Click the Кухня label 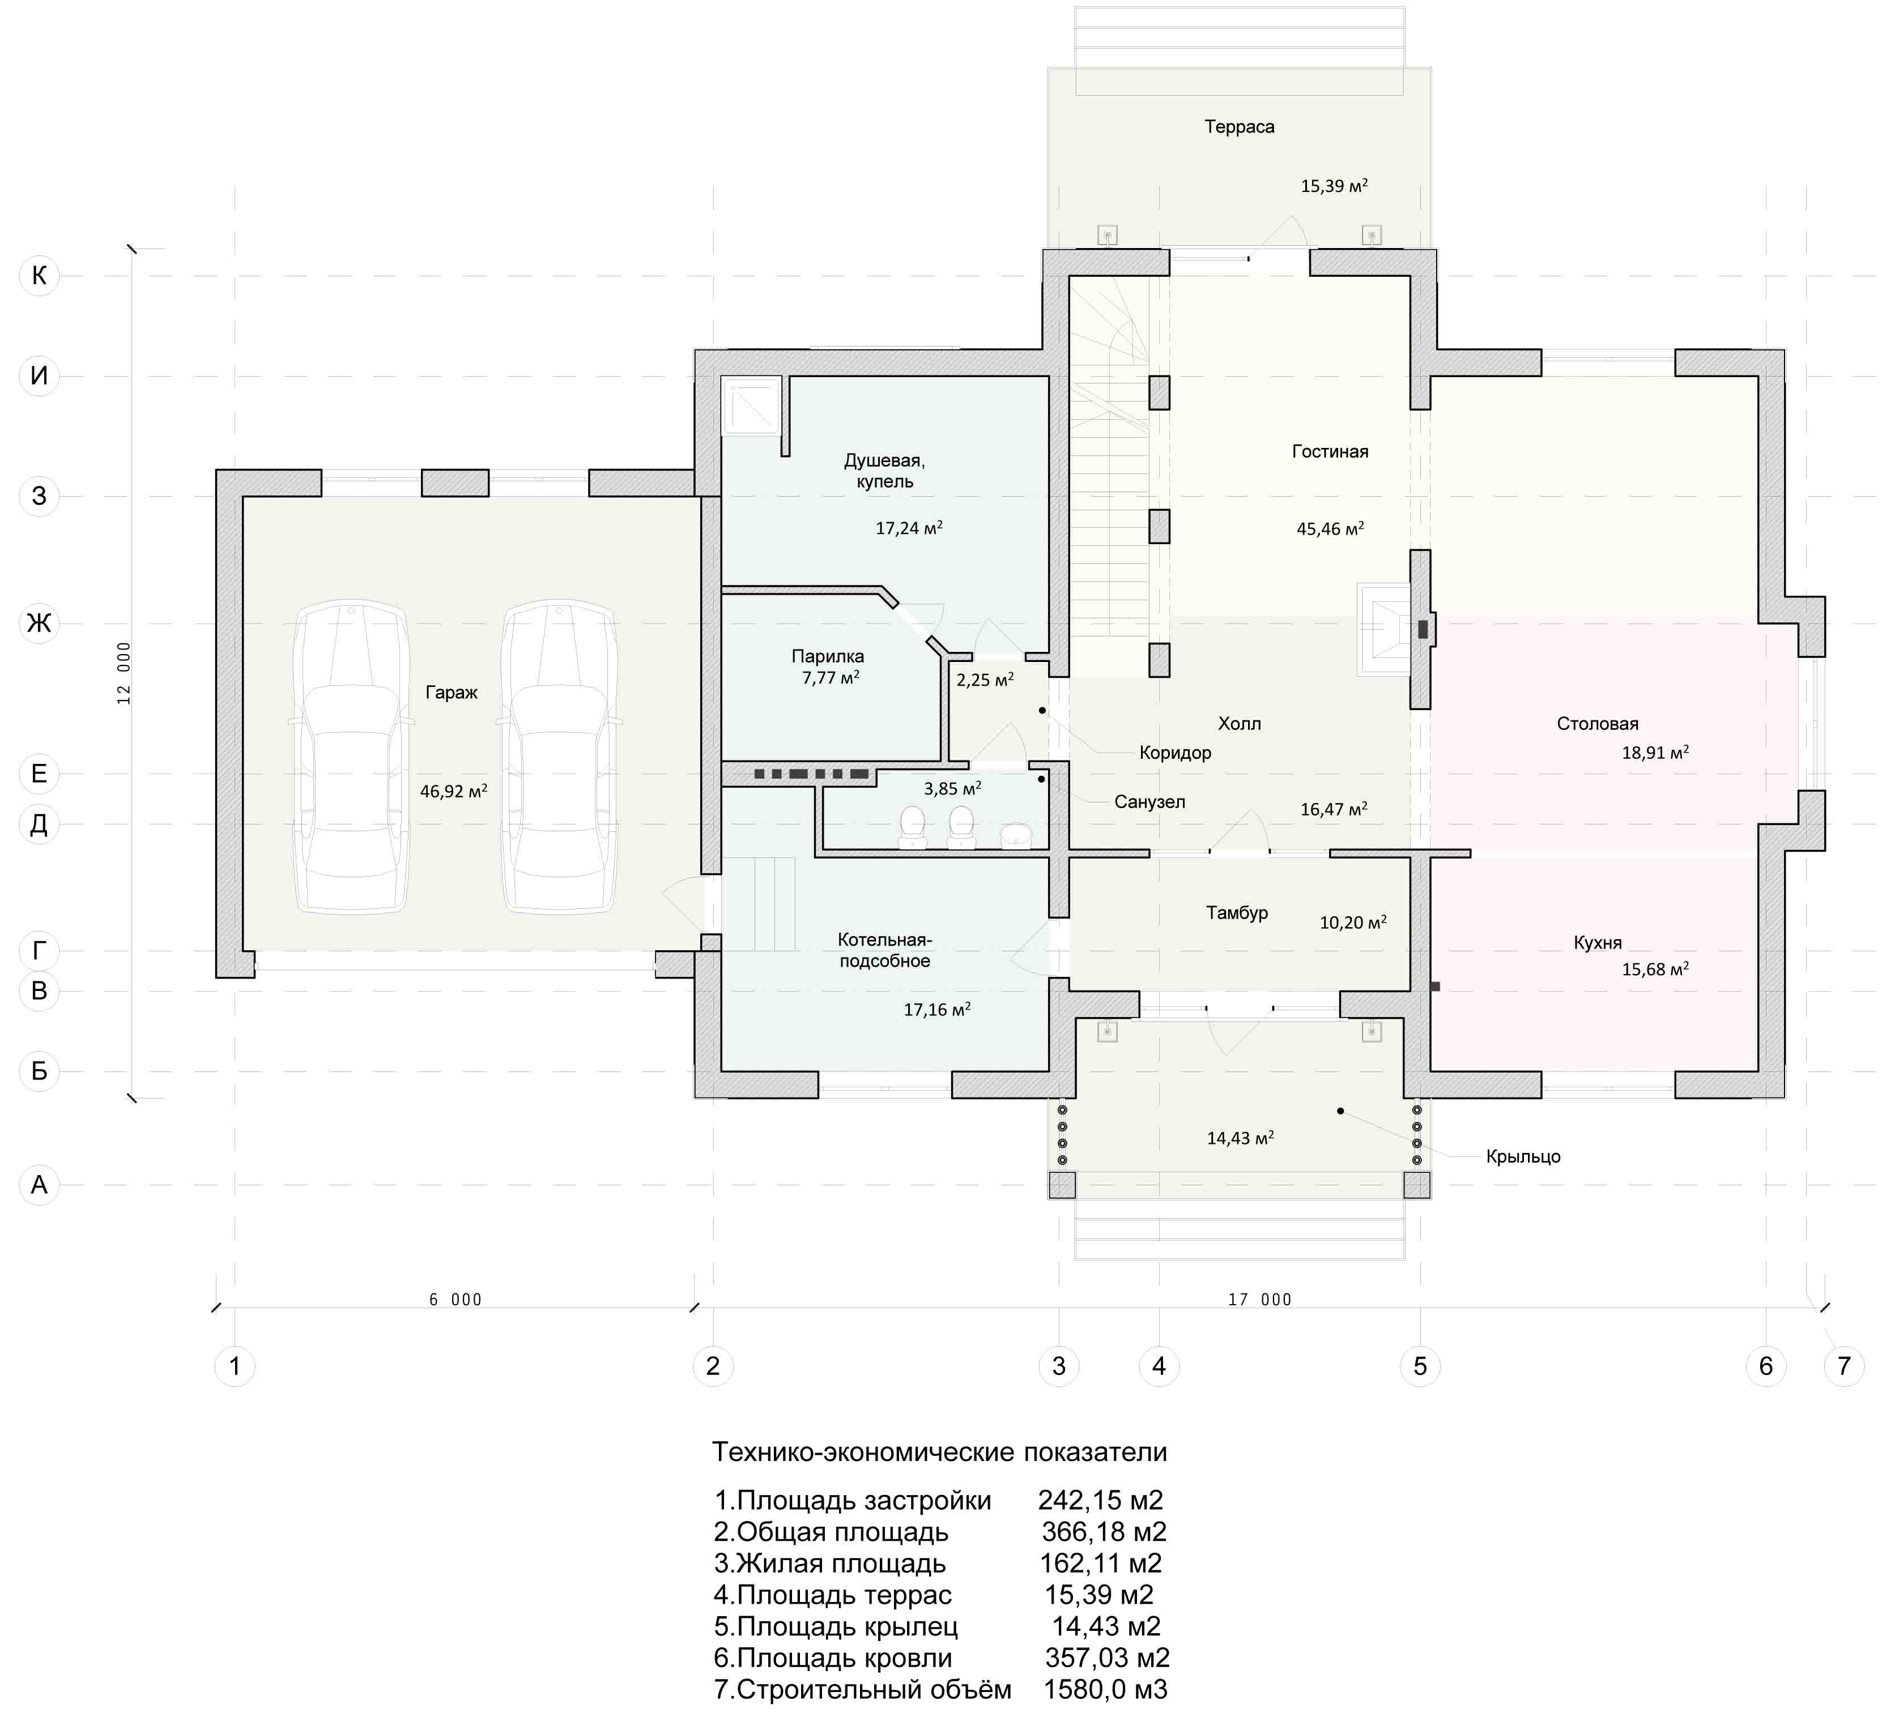coord(1598,942)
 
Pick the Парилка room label coord(828,656)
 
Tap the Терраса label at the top coord(1239,126)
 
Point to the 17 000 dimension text coord(1260,1300)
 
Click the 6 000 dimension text coord(455,1300)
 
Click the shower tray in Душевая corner coord(751,405)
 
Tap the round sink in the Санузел coord(1016,836)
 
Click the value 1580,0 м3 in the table coord(1105,1689)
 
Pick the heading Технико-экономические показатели coord(940,1453)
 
